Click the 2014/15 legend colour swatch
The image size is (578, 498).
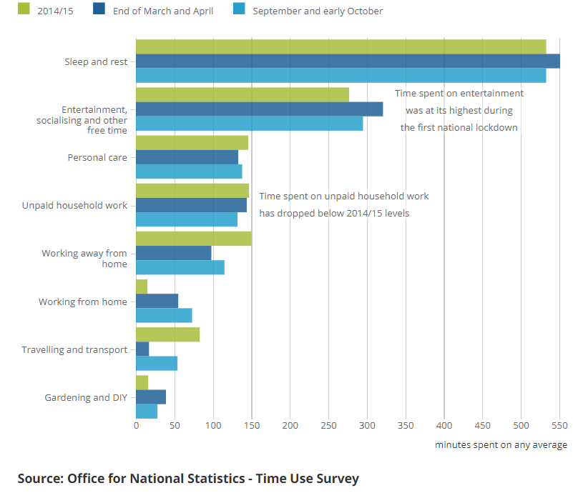click(24, 9)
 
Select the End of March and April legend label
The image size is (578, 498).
click(163, 11)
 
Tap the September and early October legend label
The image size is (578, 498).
click(318, 11)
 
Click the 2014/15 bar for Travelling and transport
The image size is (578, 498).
click(167, 334)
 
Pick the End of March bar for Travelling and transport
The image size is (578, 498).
click(142, 349)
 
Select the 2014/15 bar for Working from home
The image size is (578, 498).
click(142, 287)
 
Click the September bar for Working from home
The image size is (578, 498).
click(164, 315)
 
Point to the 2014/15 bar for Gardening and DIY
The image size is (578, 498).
click(142, 382)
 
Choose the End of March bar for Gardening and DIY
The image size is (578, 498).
click(150, 397)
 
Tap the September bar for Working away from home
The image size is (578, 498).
click(180, 267)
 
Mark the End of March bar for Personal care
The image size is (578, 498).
click(187, 157)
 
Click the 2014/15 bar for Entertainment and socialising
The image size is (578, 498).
click(242, 94)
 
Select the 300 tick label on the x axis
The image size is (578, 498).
click(367, 425)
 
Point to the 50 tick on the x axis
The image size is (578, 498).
click(175, 425)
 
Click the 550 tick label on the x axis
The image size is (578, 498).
click(559, 425)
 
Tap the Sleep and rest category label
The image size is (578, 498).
click(96, 61)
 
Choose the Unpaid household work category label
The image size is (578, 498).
click(74, 205)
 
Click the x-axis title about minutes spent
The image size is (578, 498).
click(501, 444)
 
